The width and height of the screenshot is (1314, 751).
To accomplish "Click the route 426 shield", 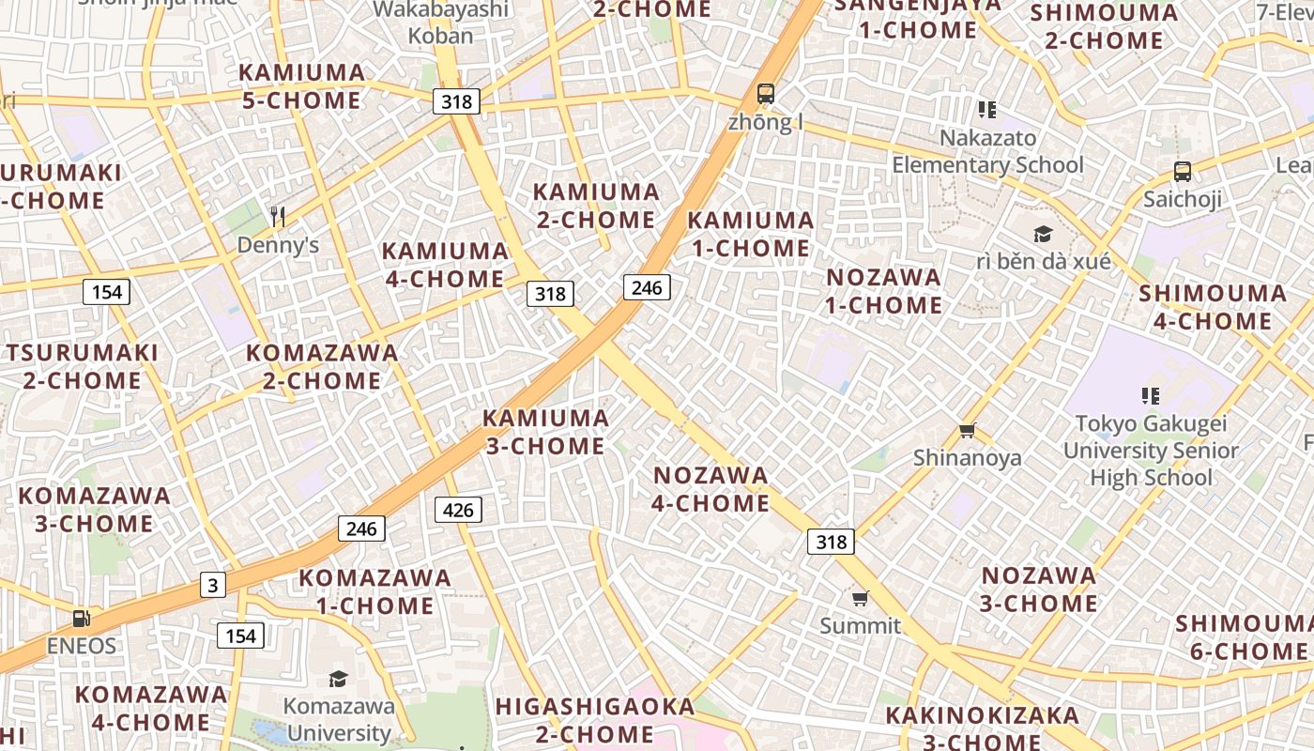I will [458, 510].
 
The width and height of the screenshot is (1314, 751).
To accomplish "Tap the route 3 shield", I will [213, 585].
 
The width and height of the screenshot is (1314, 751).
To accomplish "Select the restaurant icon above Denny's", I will [277, 217].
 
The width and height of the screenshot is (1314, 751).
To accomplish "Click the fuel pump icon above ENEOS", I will [82, 618].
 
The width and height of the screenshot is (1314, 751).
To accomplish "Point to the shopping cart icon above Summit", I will [860, 598].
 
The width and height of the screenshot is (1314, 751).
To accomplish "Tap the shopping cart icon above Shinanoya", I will [968, 430].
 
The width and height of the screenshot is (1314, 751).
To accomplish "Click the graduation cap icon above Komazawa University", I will [338, 678].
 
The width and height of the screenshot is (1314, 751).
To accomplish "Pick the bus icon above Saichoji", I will [1183, 172].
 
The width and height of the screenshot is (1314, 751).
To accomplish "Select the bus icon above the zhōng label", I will [766, 93].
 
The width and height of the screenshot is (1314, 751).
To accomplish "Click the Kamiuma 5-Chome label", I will [301, 86].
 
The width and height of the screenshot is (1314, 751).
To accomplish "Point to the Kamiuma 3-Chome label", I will [545, 432].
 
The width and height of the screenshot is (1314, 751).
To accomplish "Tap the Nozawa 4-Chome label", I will [710, 489].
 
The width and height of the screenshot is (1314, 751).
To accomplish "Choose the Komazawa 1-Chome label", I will [374, 591].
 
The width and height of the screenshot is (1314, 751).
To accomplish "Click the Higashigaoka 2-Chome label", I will [595, 719].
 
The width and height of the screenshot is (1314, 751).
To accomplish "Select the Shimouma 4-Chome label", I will [1213, 307].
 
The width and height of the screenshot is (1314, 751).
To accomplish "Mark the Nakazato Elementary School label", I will [987, 151].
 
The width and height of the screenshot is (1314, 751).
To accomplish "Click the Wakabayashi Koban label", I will [440, 23].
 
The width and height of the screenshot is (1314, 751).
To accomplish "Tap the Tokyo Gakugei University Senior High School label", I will [1151, 451].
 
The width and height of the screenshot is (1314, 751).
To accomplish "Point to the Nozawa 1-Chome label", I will [883, 291].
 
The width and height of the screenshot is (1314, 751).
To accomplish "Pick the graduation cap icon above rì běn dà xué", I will [1043, 234].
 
